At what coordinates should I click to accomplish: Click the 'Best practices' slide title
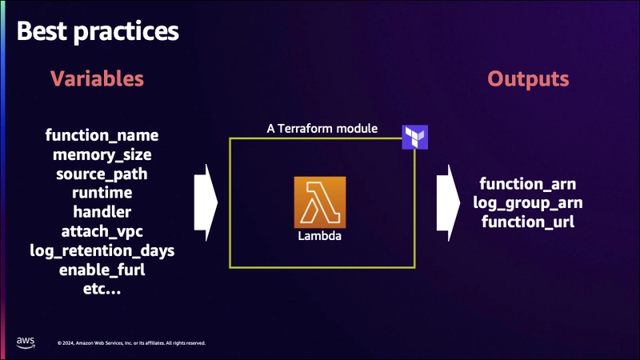coord(98,31)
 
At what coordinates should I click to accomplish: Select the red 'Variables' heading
coord(97,78)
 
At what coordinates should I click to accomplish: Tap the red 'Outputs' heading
coord(528,79)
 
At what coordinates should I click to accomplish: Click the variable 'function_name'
coord(102,135)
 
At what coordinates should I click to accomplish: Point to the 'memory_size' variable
coord(102,154)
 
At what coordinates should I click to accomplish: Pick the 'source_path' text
coord(102,174)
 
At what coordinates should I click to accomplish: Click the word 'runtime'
coord(102,193)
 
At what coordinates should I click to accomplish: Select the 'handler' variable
coord(102,212)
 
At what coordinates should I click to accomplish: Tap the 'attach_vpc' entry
coord(102,231)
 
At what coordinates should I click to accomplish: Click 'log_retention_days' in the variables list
coord(102,250)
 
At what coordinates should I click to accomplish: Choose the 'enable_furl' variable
coord(102,270)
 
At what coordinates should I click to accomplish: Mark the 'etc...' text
coord(102,289)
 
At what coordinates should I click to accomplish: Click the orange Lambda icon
coord(320,202)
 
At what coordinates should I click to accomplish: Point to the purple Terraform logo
coord(415,137)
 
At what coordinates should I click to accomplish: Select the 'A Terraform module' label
coord(322,129)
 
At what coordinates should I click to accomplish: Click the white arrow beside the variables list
coord(206,203)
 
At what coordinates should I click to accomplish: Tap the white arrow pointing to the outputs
coord(448,203)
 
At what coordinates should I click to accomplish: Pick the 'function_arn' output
coord(528,184)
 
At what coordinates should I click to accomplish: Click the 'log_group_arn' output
coord(528,203)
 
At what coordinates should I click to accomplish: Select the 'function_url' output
coord(528,222)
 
